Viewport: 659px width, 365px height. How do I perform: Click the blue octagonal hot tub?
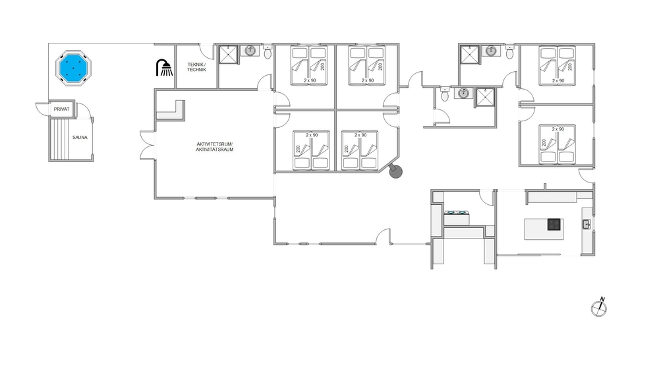(73, 68)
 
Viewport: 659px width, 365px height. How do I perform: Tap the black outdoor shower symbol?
(164, 68)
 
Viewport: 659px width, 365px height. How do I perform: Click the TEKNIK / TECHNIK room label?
(196, 67)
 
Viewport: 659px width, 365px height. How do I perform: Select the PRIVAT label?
(61, 109)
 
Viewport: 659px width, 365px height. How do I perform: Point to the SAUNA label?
(80, 137)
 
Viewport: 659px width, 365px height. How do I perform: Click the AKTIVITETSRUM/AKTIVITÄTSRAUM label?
(214, 146)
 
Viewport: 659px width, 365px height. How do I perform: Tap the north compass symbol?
(599, 308)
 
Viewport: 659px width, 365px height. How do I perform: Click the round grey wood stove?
(395, 171)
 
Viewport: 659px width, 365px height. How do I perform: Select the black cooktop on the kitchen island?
(554, 224)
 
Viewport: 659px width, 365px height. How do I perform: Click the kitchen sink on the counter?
(587, 224)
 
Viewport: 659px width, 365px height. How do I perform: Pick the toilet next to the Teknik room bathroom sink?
(268, 52)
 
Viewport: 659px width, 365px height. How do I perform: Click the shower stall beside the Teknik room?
(229, 55)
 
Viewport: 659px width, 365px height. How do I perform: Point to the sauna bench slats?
(59, 139)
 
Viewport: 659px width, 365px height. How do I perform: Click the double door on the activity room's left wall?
(148, 146)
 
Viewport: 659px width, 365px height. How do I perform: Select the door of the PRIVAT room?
(42, 108)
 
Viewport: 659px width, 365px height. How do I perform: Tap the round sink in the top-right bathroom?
(491, 51)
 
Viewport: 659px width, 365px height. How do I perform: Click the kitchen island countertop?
(544, 229)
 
